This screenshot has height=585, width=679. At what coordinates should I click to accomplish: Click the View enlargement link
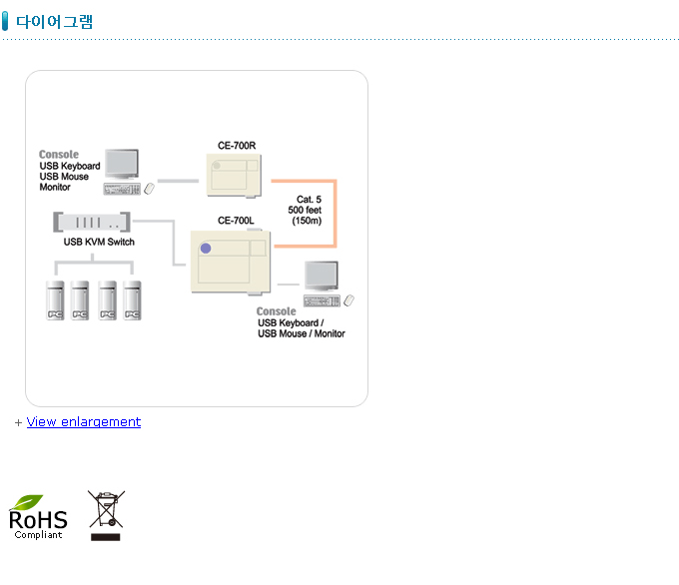point(84,422)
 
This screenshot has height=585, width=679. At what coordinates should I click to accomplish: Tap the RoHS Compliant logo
point(38,516)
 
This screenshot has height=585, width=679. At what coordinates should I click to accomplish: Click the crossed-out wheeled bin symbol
point(104,510)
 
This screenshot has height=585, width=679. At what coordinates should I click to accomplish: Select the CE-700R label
point(237,146)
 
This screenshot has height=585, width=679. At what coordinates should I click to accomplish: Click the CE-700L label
point(237,221)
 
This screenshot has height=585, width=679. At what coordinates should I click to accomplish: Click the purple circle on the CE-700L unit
point(206,248)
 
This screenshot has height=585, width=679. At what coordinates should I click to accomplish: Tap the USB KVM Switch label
point(99,242)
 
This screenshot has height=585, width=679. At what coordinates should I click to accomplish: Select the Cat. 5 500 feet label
point(305,210)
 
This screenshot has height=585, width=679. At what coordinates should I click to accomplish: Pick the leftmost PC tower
point(55,299)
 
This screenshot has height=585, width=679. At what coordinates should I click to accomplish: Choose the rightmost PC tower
point(132,299)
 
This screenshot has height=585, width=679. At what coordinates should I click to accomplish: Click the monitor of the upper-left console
point(122,164)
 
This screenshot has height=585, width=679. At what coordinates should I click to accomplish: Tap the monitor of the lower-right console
point(322,276)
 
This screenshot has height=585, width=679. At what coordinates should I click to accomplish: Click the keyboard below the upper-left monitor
point(121,189)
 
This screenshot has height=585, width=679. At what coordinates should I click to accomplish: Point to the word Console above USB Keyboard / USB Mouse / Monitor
point(277,311)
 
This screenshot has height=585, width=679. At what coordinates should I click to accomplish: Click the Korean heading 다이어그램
point(55,22)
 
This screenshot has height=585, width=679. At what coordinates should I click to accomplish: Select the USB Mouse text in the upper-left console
point(64,177)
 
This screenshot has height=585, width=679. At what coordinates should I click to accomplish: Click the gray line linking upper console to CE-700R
point(179,181)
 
